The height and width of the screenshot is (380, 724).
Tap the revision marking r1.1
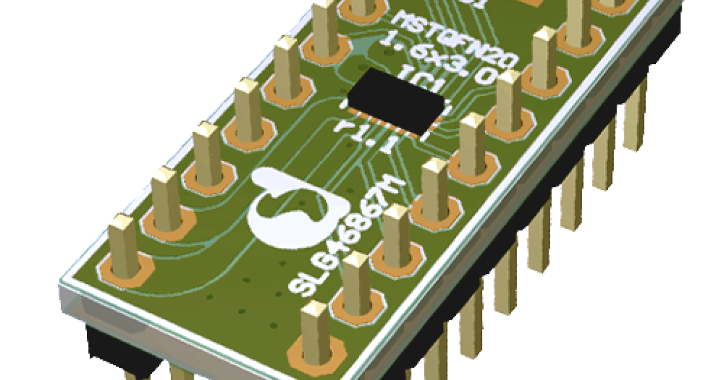367,136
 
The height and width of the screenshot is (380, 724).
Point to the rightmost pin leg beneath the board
634,121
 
